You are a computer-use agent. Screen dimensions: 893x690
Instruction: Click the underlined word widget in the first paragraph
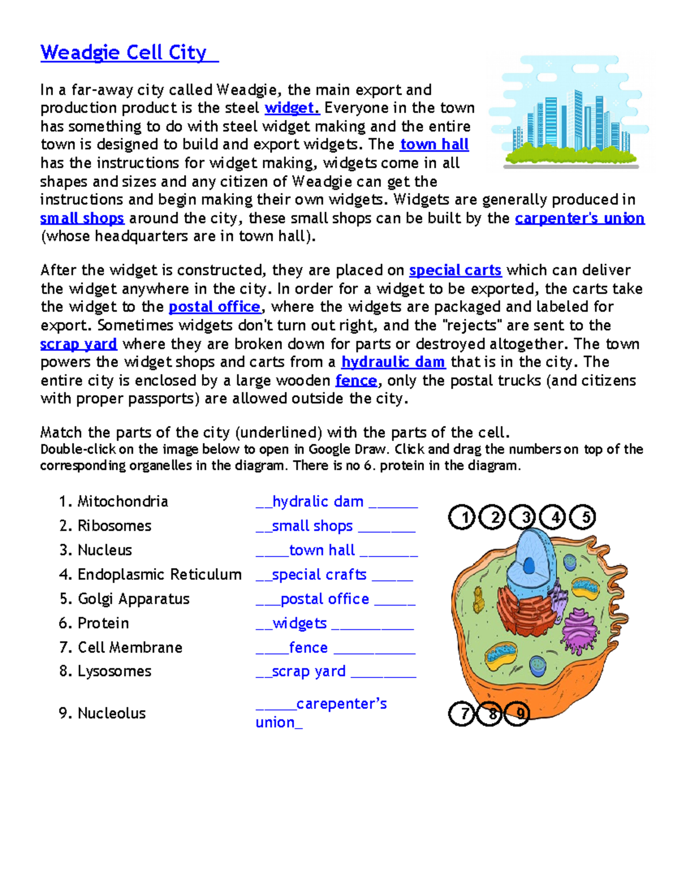[x=292, y=108]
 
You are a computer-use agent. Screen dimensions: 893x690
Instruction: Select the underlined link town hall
[x=434, y=144]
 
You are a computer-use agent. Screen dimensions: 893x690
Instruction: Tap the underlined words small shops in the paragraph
[x=82, y=219]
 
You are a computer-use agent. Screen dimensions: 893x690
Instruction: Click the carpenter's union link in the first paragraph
[x=579, y=219]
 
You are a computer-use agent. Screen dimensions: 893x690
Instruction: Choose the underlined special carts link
[x=455, y=270]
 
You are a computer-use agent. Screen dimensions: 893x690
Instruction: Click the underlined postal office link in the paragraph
[x=214, y=307]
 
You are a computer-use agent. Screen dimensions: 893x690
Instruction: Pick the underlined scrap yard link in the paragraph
[x=78, y=344]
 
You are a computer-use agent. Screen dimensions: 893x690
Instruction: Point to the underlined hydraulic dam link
[x=393, y=362]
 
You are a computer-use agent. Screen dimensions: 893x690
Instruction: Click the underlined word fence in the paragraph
[x=356, y=381]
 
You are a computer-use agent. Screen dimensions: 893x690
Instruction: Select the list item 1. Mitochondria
[x=113, y=501]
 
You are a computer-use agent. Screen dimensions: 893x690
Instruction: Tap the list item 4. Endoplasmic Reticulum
[x=150, y=574]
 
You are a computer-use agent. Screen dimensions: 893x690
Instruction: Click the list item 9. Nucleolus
[x=102, y=713]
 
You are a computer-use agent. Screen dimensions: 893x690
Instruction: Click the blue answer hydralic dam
[x=317, y=501]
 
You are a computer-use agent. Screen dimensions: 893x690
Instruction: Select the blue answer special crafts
[x=319, y=574]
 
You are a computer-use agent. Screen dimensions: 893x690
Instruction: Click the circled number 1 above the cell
[x=462, y=518]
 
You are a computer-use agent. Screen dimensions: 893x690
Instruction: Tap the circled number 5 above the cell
[x=584, y=518]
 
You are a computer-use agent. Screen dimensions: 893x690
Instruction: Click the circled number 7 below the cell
[x=462, y=714]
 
